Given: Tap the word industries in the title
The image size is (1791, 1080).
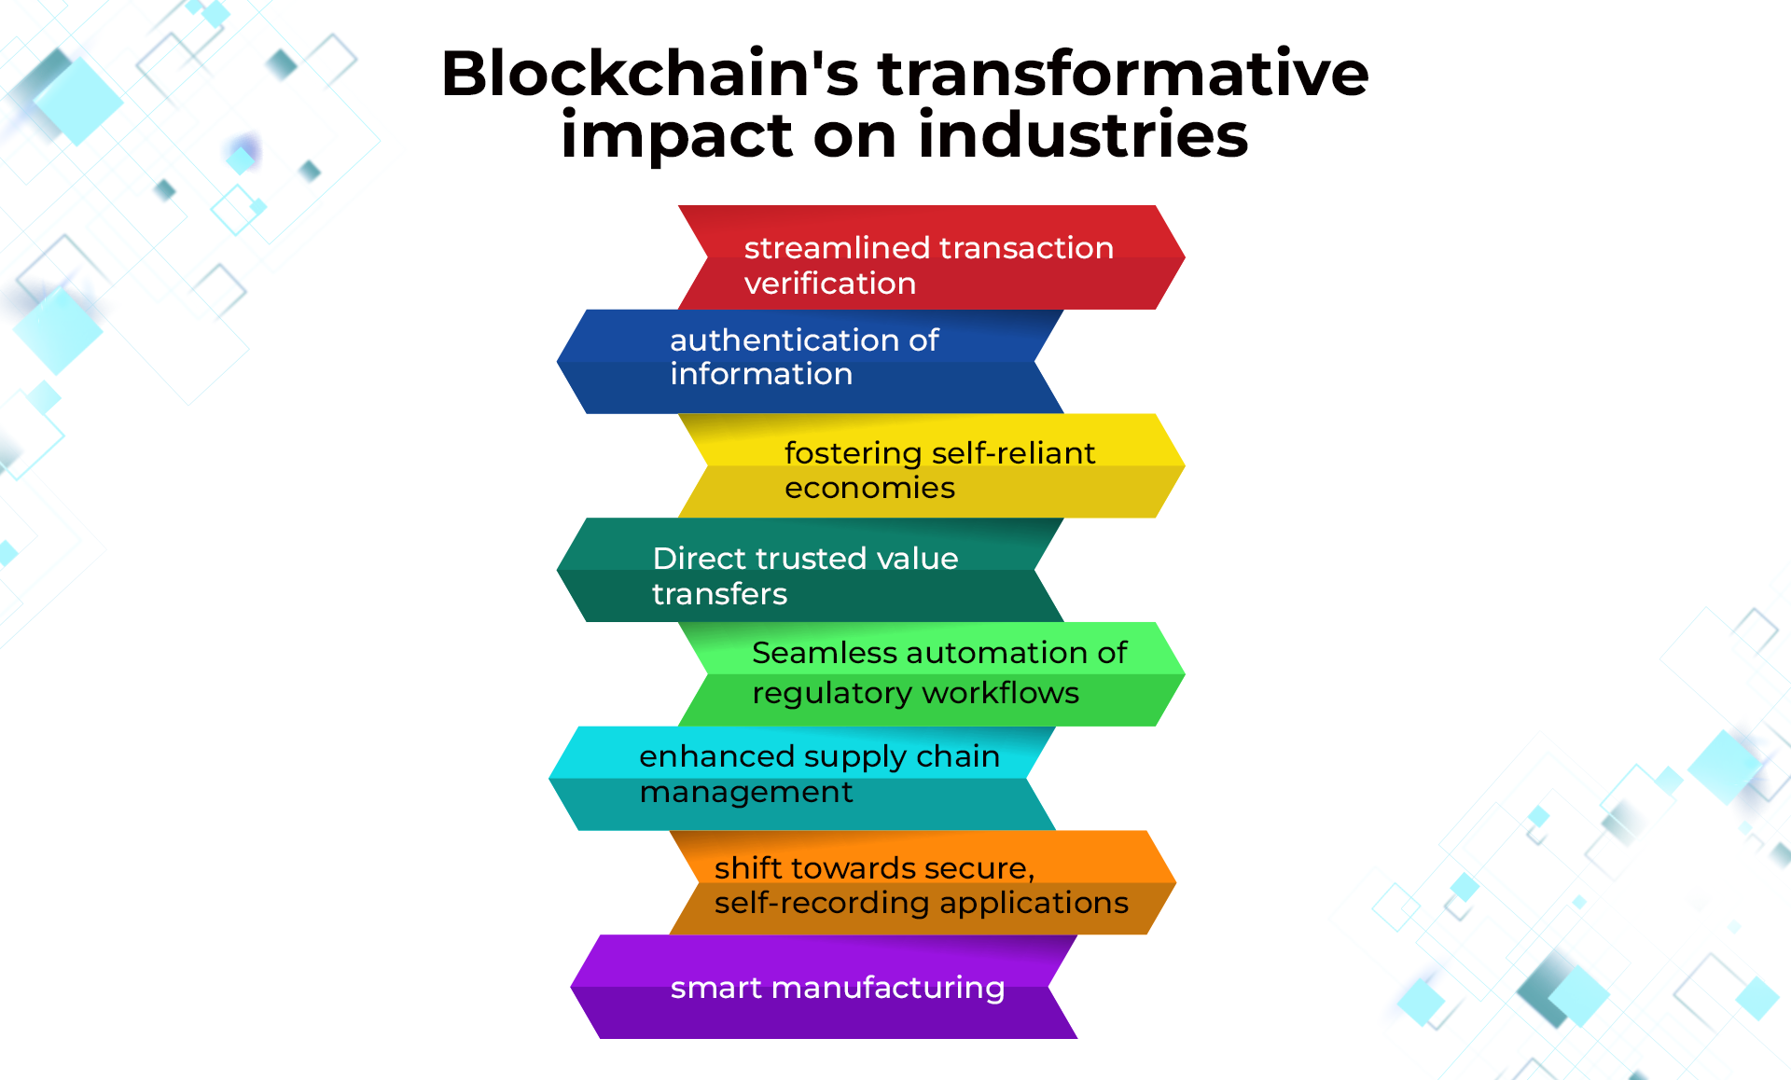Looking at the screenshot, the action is [1083, 134].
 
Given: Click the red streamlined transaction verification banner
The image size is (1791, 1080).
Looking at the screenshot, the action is [932, 257].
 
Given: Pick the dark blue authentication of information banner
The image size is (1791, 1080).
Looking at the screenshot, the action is [810, 362].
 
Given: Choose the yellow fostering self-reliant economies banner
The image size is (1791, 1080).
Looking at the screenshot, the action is [932, 465].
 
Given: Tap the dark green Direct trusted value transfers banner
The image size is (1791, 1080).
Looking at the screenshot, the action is [810, 570].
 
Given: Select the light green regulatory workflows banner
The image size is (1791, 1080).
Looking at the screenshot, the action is [932, 674].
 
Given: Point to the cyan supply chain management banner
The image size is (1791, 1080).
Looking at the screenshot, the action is [802, 779].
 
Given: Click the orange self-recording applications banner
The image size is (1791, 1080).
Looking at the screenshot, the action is [923, 882].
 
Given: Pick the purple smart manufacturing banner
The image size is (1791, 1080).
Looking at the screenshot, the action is [824, 987].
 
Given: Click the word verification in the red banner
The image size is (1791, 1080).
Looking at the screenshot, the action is [830, 284].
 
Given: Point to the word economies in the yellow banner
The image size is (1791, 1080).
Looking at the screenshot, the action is [869, 488].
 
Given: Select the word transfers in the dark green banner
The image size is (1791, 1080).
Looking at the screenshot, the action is [719, 594].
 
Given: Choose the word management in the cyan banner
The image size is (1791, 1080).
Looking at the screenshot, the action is [746, 793].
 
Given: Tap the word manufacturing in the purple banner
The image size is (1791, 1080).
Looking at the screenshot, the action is [888, 988].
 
